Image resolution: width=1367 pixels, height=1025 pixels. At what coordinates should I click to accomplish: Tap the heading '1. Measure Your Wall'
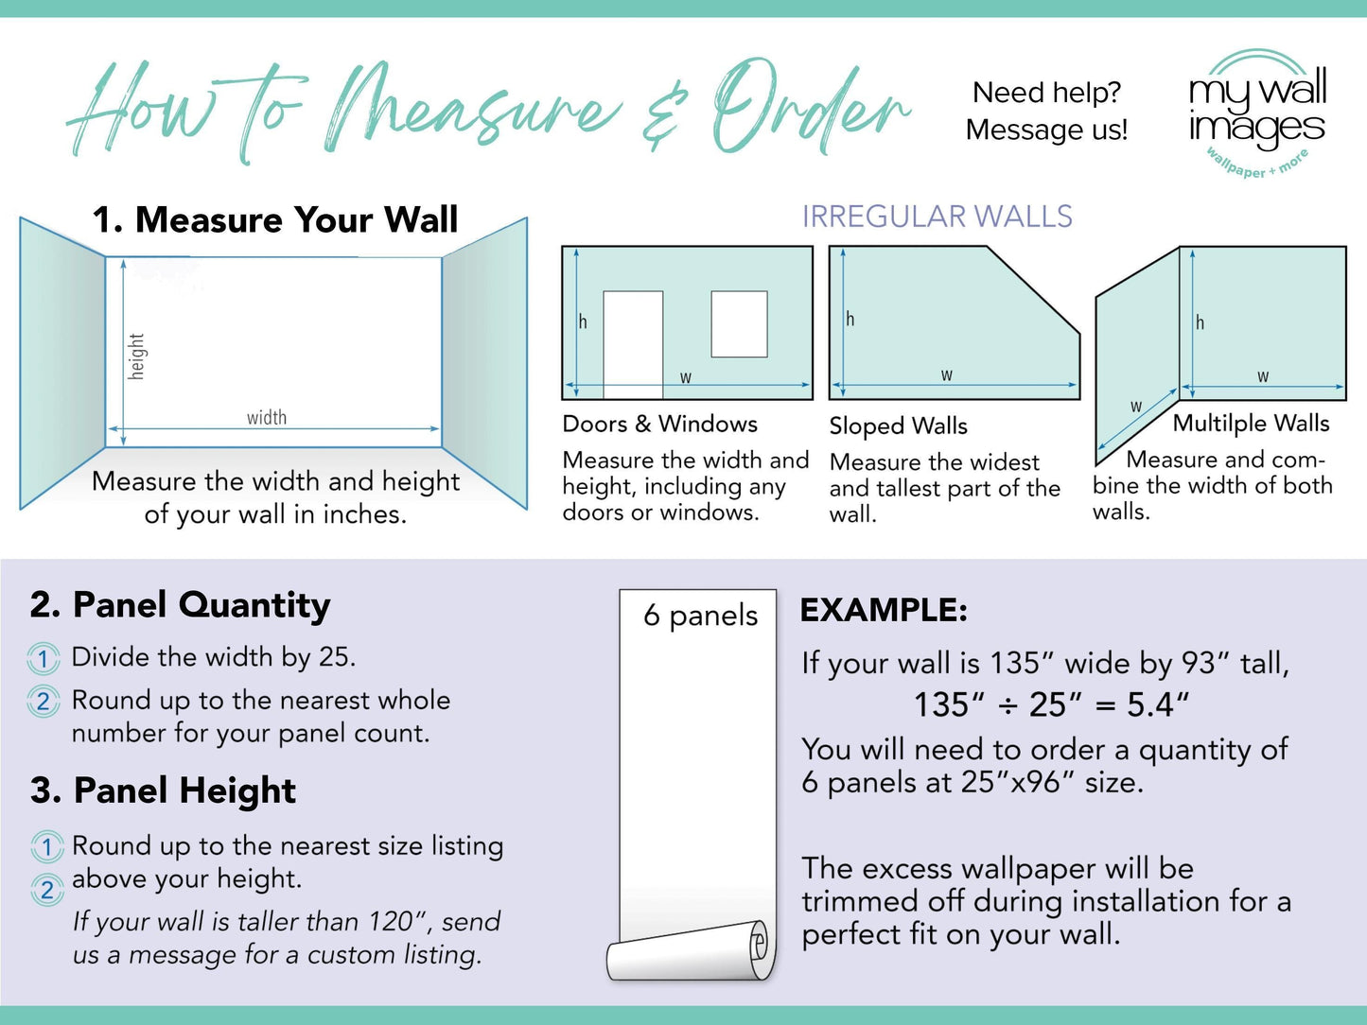click(274, 220)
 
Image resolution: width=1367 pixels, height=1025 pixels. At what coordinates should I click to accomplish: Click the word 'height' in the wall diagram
click(137, 356)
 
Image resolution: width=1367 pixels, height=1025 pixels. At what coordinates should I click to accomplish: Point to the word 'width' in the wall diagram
click(267, 417)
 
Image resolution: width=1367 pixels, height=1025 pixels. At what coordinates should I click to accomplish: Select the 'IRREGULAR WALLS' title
click(937, 217)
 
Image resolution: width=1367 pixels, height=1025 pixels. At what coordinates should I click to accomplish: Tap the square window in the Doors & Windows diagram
click(739, 324)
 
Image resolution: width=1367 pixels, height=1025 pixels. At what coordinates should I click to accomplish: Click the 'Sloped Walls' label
click(898, 426)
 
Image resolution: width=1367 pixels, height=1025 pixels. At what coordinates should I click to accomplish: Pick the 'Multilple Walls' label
click(1251, 424)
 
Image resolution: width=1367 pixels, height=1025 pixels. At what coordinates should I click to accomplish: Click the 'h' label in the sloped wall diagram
click(850, 320)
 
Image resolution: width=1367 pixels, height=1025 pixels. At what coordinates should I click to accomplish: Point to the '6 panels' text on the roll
click(700, 616)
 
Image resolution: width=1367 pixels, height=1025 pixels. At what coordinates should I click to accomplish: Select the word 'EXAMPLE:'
click(884, 610)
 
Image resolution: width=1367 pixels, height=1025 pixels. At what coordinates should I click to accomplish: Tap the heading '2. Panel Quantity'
click(180, 605)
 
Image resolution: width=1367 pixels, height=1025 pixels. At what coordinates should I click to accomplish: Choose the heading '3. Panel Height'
click(163, 790)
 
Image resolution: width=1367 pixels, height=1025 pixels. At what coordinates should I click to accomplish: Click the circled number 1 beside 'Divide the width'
click(44, 658)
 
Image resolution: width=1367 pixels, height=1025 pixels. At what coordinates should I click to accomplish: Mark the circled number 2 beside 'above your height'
click(46, 890)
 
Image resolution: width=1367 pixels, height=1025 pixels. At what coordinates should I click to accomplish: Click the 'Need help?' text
click(1046, 93)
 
